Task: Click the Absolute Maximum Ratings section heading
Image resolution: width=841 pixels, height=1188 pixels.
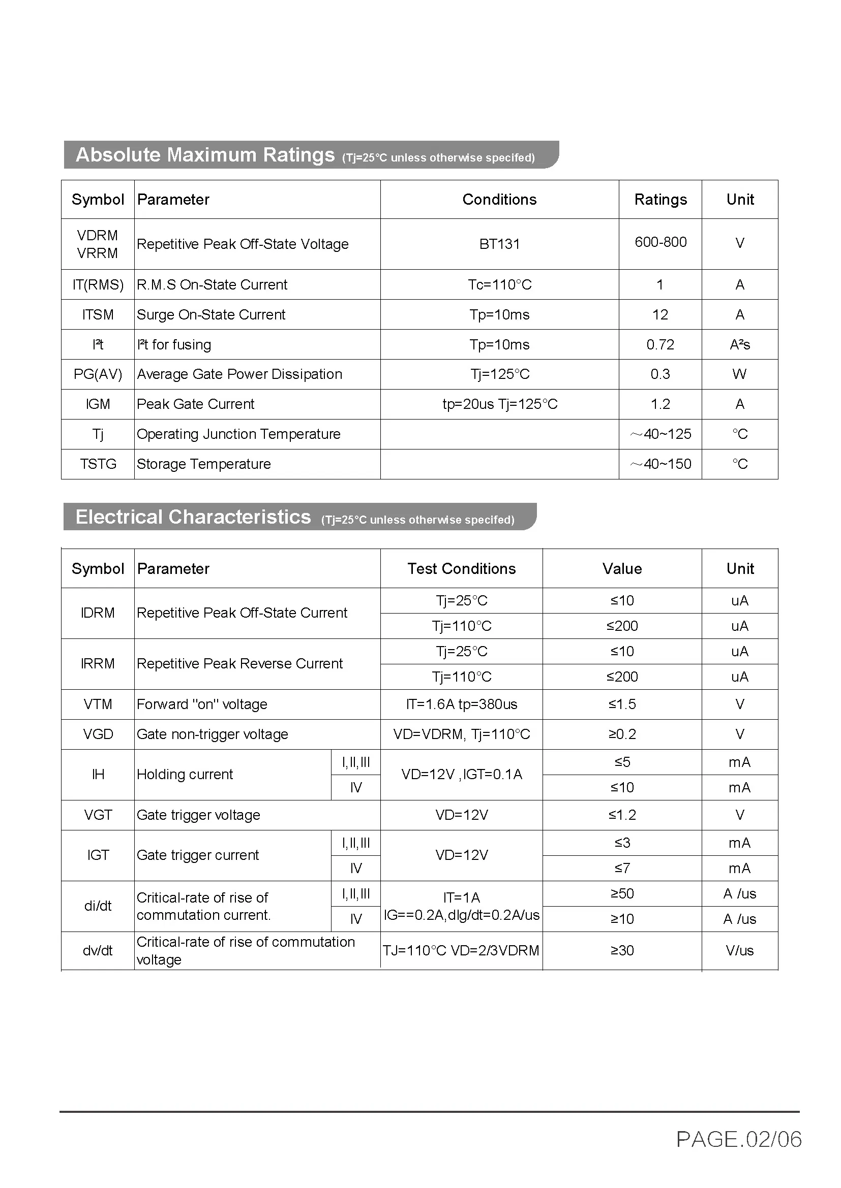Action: coord(205,155)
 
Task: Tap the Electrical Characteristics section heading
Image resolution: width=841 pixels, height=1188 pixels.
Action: coord(193,517)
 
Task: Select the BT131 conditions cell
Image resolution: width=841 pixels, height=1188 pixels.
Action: coord(499,244)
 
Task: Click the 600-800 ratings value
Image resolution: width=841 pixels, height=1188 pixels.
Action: coord(660,242)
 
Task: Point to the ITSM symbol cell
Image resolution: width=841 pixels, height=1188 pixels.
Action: coord(97,314)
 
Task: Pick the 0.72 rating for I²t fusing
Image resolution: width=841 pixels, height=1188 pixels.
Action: coord(660,344)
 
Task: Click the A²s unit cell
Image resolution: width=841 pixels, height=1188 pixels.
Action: coord(739,344)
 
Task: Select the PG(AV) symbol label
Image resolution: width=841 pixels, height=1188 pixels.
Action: coord(97,374)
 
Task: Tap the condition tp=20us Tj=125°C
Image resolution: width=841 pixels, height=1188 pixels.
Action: coord(499,404)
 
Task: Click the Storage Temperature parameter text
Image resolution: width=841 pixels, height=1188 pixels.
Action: coord(203,464)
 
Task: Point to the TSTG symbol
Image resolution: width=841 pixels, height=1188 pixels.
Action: coord(97,464)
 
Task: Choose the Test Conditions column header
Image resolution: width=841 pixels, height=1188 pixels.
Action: coord(461,569)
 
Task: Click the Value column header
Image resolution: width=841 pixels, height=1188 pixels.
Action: coord(622,569)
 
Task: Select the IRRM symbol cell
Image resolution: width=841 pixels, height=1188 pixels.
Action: coord(97,663)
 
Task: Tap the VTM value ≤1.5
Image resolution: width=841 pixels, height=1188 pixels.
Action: coord(622,704)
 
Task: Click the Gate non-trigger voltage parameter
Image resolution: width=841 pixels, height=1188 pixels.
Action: coord(213,734)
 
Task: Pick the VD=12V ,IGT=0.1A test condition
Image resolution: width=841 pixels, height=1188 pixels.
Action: coord(461,775)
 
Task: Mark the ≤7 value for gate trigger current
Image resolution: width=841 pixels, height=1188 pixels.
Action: coord(622,868)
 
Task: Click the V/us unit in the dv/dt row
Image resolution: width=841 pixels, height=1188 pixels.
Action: coord(739,950)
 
